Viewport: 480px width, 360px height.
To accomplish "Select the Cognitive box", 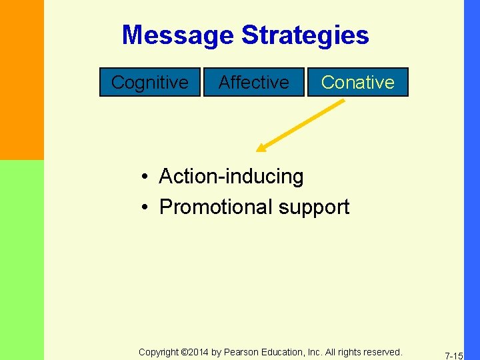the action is pyautogui.click(x=150, y=82).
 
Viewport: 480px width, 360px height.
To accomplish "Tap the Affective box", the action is pyautogui.click(x=253, y=82).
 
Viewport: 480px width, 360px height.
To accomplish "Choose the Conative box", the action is pyautogui.click(x=357, y=82).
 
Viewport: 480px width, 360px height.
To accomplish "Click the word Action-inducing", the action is pyautogui.click(x=231, y=177).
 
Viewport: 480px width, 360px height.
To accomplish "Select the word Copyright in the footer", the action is pyautogui.click(x=159, y=352).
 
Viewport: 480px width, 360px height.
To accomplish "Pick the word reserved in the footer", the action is pyautogui.click(x=381, y=352).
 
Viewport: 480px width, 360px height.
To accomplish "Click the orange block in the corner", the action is pyautogui.click(x=21, y=80).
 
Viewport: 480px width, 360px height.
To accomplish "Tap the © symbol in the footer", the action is pyautogui.click(x=185, y=352).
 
